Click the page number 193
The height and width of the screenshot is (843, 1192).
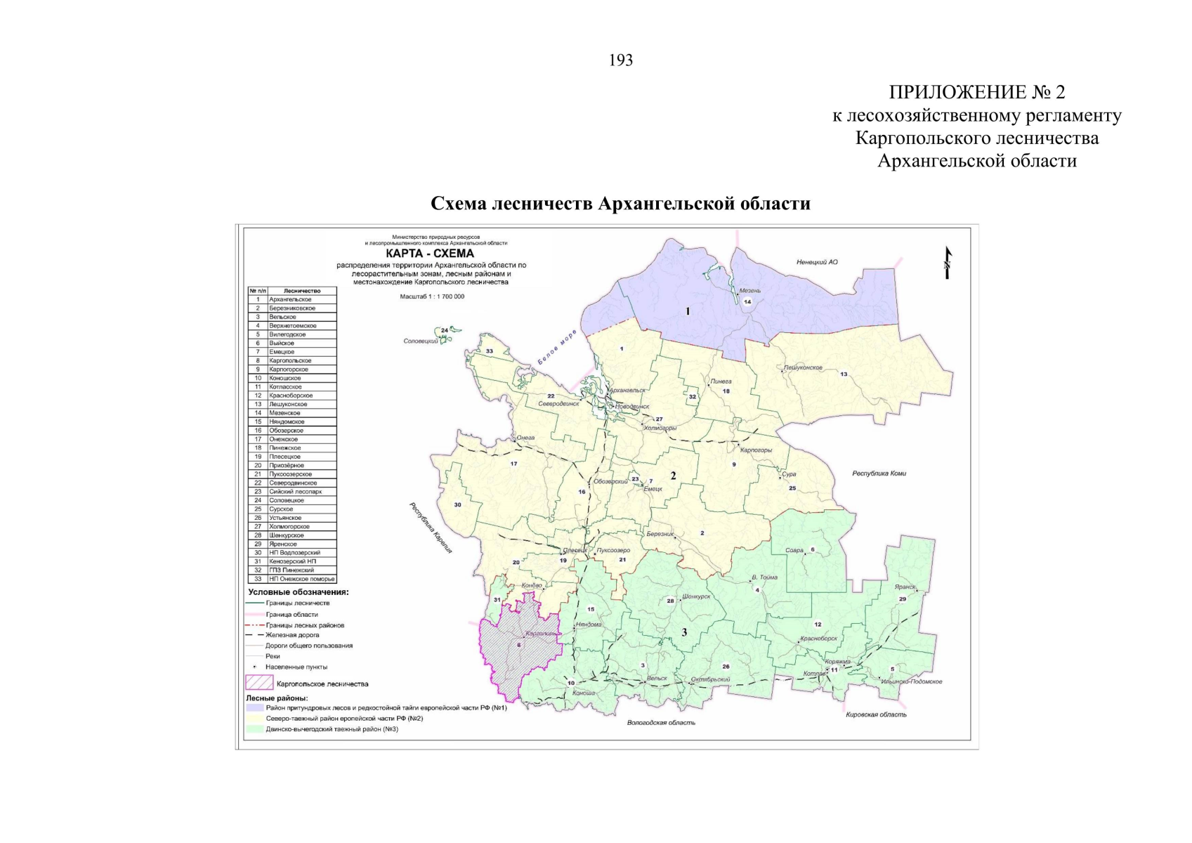[x=621, y=60]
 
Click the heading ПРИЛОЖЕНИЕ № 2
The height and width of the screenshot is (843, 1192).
[x=976, y=92]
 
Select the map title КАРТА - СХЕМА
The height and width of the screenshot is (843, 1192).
[x=430, y=254]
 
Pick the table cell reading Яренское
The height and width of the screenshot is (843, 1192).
[x=283, y=544]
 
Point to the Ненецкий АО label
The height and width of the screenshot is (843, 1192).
[x=816, y=262]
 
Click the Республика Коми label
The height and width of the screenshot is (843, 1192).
[x=879, y=473]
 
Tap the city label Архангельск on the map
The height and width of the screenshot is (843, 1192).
[x=627, y=390]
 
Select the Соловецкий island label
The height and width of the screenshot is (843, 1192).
[x=421, y=341]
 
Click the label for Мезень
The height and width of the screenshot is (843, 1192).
[x=749, y=291]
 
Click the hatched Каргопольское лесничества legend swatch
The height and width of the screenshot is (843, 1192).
[x=258, y=683]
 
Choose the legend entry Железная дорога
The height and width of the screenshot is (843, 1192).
[x=292, y=635]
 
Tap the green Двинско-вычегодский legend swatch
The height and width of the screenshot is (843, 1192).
[x=254, y=729]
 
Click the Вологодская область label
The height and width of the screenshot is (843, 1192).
[x=661, y=722]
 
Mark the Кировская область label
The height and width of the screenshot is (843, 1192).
[x=876, y=714]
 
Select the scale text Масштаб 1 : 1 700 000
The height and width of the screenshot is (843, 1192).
[x=432, y=296]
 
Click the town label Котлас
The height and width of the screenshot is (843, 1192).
[x=814, y=674]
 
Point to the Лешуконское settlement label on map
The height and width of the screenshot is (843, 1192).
[x=803, y=367]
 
